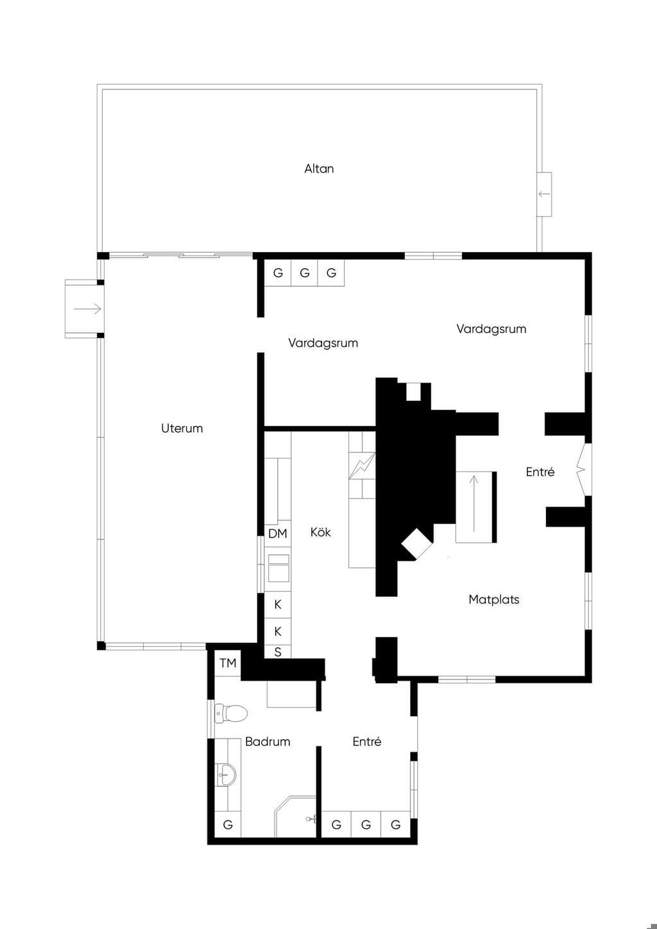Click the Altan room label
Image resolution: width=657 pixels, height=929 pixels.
click(x=318, y=169)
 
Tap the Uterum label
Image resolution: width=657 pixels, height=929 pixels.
click(x=182, y=429)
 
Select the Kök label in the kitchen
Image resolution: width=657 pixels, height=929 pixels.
click(x=320, y=532)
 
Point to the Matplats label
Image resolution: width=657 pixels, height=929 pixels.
click(x=493, y=600)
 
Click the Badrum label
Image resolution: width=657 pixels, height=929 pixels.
click(x=267, y=742)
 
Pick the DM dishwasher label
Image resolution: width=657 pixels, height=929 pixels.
click(x=277, y=534)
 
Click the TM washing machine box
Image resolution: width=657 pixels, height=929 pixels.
click(x=228, y=663)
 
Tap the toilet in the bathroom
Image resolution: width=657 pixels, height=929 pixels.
click(x=231, y=713)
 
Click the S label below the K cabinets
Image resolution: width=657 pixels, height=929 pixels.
click(x=278, y=652)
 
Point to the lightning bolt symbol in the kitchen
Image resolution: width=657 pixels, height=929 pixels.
click(x=362, y=466)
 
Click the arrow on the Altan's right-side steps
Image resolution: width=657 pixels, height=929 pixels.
click(x=544, y=194)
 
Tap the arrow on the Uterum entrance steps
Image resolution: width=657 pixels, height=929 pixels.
click(x=87, y=309)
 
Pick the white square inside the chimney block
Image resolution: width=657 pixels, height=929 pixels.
click(x=413, y=391)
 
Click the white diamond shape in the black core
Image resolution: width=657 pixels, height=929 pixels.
click(x=417, y=543)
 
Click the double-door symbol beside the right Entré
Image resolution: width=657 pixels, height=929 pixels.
click(x=583, y=470)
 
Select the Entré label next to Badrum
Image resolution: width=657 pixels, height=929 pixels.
click(x=366, y=742)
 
